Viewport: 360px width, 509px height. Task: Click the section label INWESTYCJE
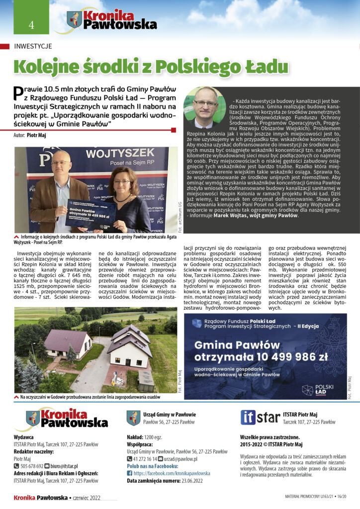tap(33, 46)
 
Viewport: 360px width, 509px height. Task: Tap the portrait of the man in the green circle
tap(205, 108)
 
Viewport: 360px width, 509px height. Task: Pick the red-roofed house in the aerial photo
tap(67, 343)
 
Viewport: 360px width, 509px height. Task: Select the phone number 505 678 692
tap(31, 466)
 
